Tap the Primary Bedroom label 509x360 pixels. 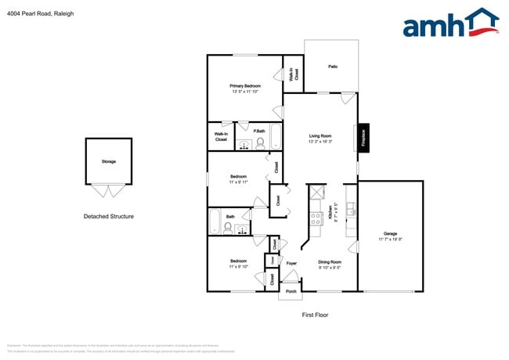click(x=245, y=85)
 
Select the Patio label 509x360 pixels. click(x=332, y=67)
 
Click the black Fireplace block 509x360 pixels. click(x=363, y=137)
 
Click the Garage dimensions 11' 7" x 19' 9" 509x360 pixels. click(x=390, y=239)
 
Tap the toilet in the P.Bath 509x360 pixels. click(x=260, y=142)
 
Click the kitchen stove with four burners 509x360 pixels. click(x=316, y=219)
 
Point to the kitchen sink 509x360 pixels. click(x=352, y=209)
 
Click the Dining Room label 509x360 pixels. click(x=330, y=262)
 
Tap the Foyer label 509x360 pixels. click(x=291, y=264)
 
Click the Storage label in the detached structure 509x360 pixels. click(x=108, y=161)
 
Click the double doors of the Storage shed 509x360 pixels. click(x=108, y=190)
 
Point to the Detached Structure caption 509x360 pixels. click(x=109, y=216)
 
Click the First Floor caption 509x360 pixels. click(x=315, y=315)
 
